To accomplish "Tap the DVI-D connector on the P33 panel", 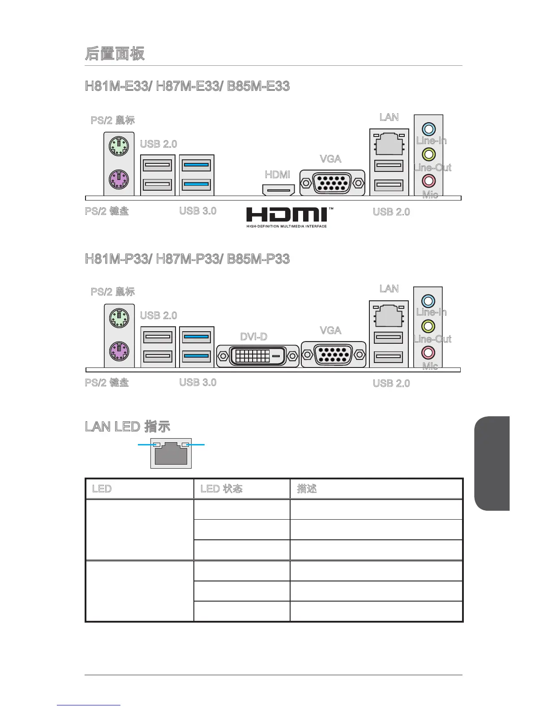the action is click(x=257, y=356).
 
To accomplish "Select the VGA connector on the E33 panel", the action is click(x=332, y=183).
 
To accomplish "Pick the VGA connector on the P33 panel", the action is click(x=334, y=354).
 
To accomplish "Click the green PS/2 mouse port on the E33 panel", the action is click(x=119, y=146).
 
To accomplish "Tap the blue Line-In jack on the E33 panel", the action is click(x=428, y=129).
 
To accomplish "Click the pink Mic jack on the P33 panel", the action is click(x=428, y=352).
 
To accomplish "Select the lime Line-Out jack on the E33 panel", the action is click(x=428, y=155).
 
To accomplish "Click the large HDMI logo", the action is click(x=287, y=217).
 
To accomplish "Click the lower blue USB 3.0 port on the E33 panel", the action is click(x=196, y=184).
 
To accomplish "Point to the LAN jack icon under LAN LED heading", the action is click(x=171, y=454).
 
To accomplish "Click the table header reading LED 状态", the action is click(x=222, y=488).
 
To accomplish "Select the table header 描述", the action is click(x=307, y=488).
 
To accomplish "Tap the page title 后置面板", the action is click(x=115, y=53).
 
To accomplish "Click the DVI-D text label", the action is click(x=254, y=336).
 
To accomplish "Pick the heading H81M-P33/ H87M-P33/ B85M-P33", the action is click(x=187, y=259).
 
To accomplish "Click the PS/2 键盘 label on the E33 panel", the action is click(x=107, y=211).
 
